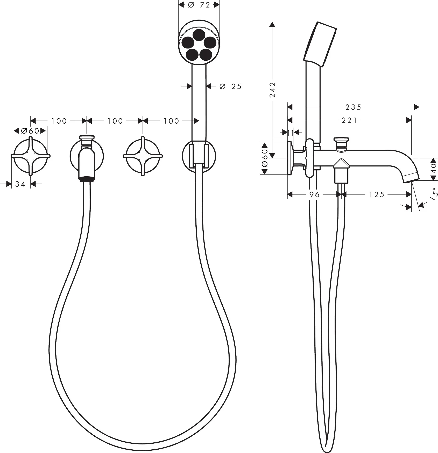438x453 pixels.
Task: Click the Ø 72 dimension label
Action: [x=199, y=5]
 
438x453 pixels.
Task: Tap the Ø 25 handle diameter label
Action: [x=230, y=86]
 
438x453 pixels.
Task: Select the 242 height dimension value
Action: [x=272, y=90]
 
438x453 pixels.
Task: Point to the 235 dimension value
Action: [x=353, y=107]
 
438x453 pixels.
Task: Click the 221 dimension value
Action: [x=349, y=120]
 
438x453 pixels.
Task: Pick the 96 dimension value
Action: [x=314, y=194]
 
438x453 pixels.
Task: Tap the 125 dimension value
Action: [x=377, y=194]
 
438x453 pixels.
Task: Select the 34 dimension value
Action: [x=20, y=184]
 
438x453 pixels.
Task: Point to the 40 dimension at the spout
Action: [x=433, y=169]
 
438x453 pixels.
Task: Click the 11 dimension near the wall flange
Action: [x=291, y=133]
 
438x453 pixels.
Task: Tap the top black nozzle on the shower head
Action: [x=199, y=34]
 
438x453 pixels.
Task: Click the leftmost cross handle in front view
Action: [x=31, y=156]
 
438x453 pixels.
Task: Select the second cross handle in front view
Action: [x=143, y=156]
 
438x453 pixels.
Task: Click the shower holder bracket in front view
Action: [x=199, y=156]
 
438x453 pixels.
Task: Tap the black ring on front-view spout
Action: [x=87, y=179]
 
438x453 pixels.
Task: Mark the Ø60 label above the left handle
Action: [x=30, y=131]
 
